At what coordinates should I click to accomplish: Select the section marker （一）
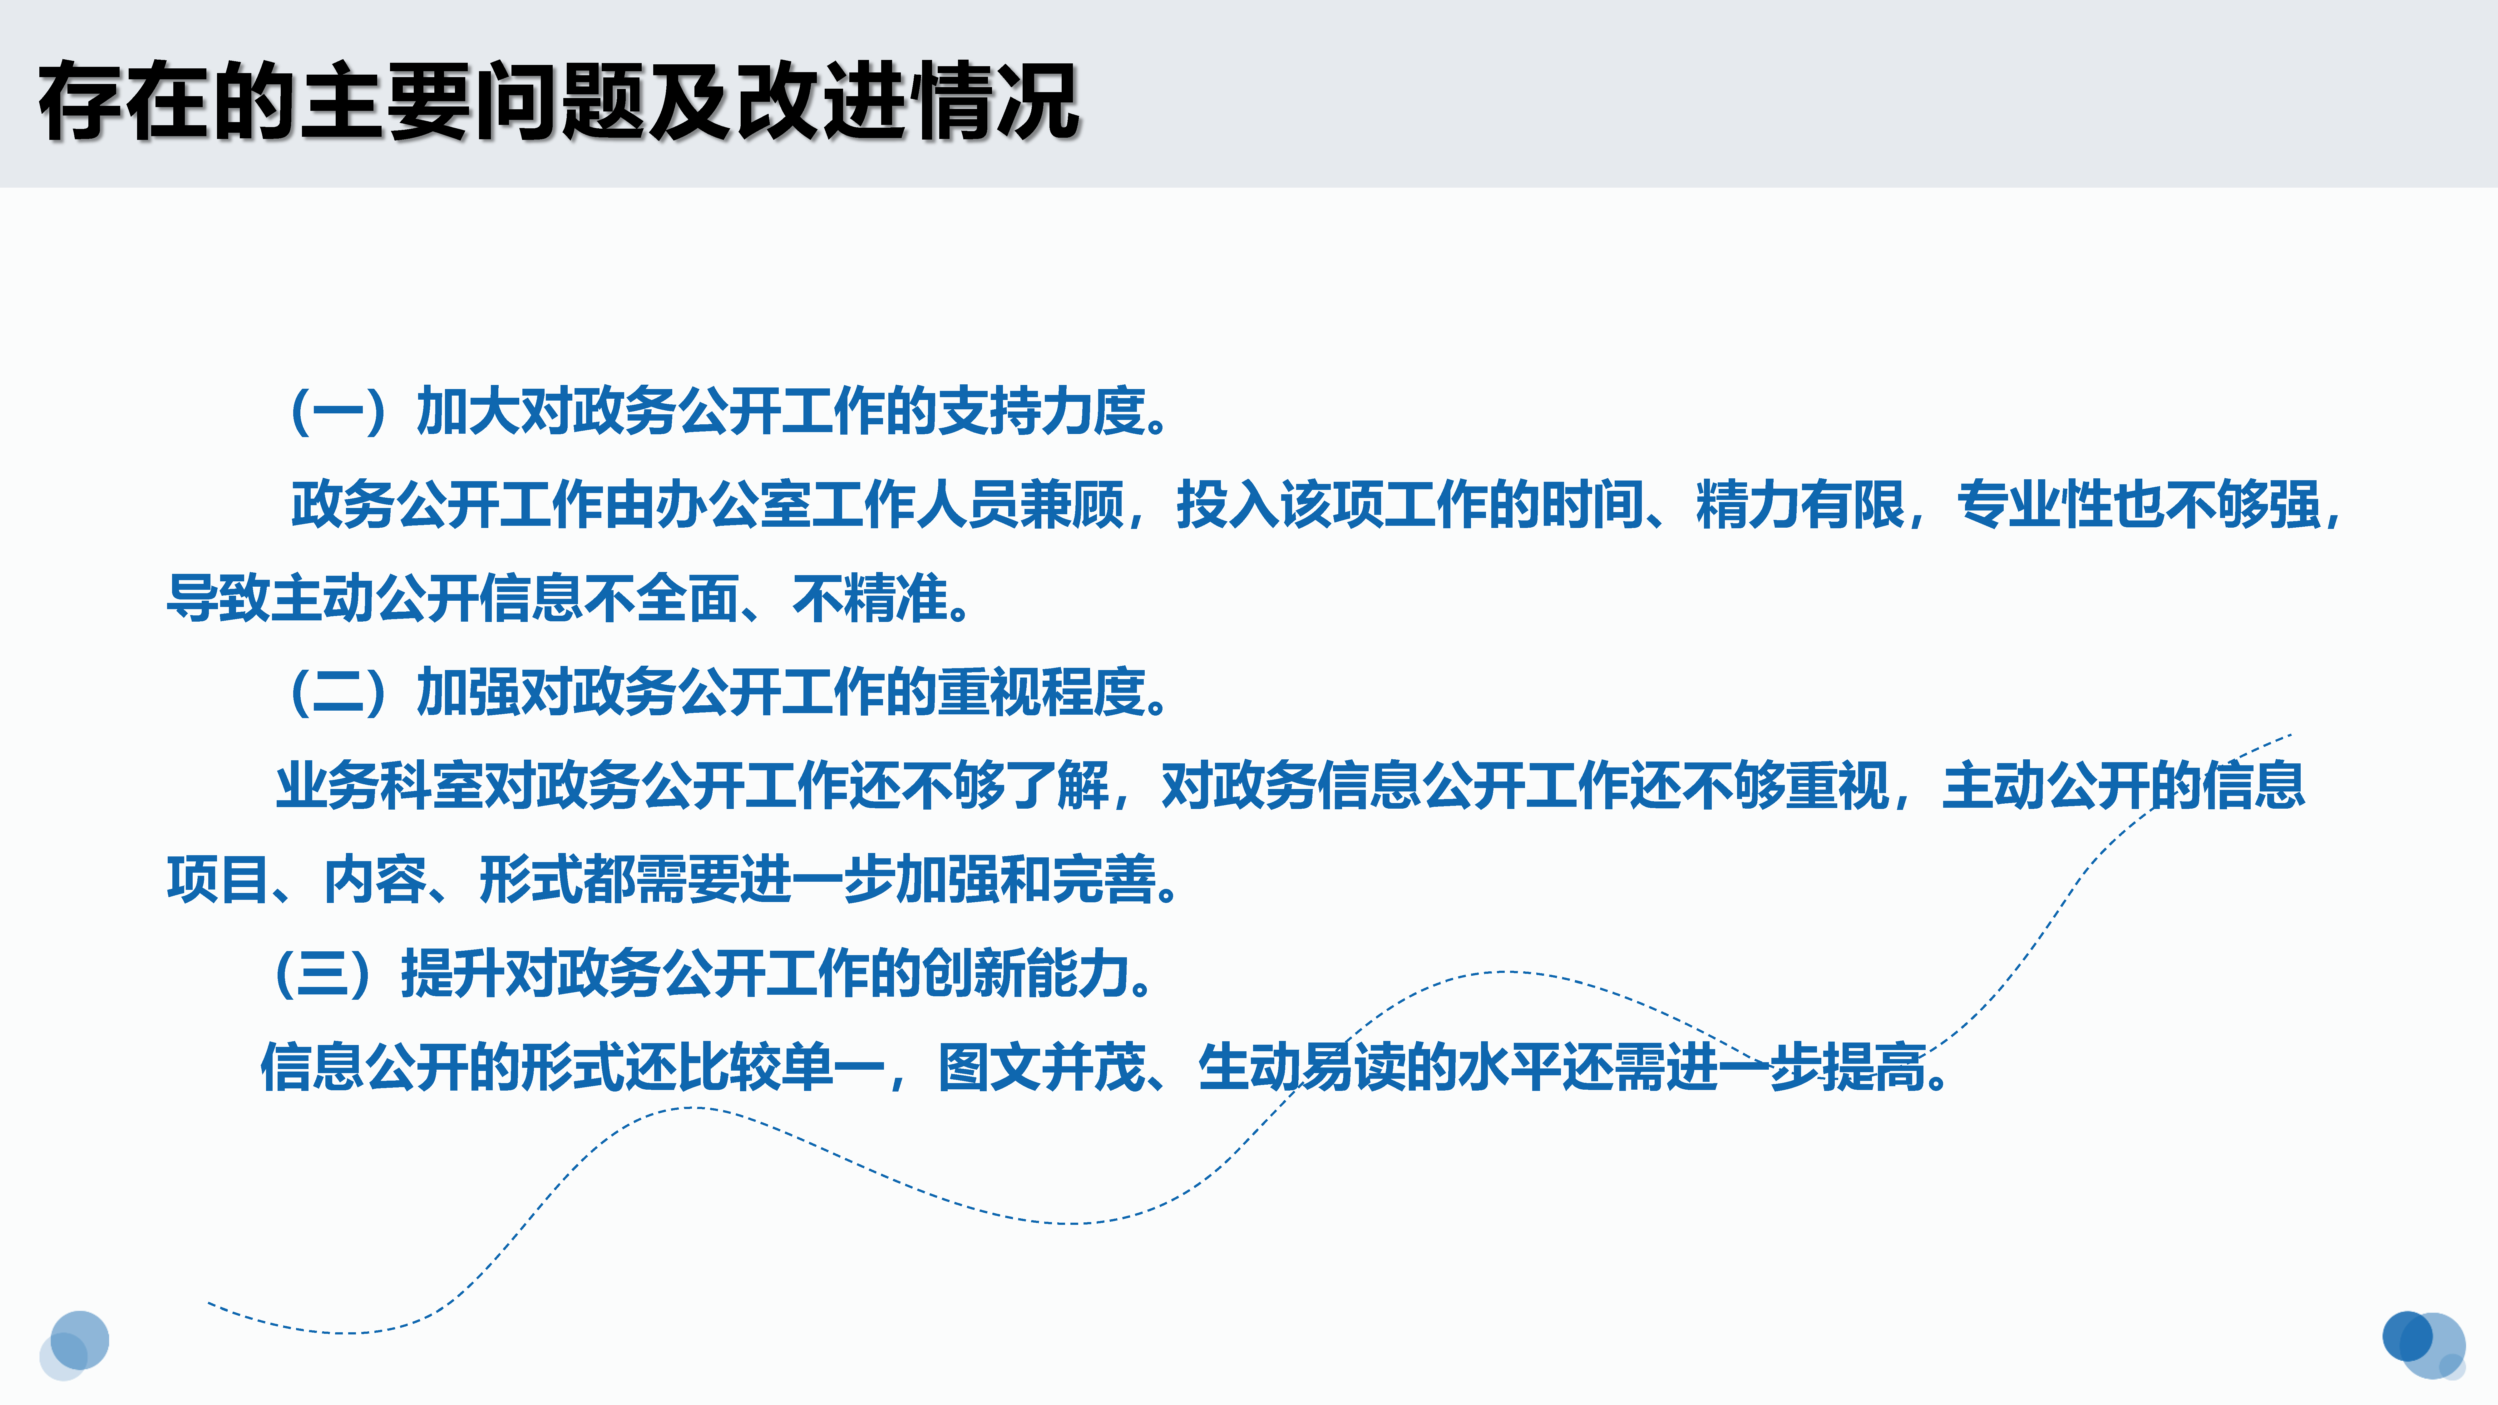click(x=339, y=411)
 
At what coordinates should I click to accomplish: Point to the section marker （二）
click(x=339, y=692)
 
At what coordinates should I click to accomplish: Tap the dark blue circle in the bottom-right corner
click(x=2408, y=1336)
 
